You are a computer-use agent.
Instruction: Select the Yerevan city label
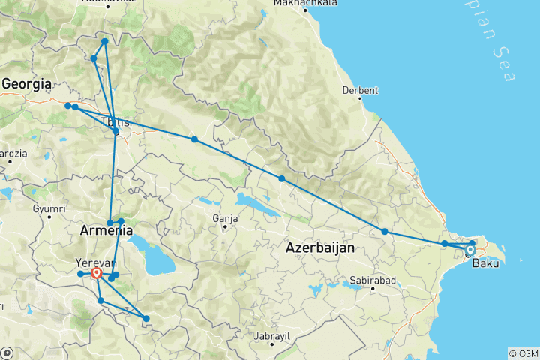[x=96, y=262]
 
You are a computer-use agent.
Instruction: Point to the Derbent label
[x=359, y=90]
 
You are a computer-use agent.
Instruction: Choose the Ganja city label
[x=225, y=218]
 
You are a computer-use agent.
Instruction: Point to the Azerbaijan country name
[x=322, y=247]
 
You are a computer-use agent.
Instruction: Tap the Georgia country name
[x=26, y=84]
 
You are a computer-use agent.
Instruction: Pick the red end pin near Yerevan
[x=97, y=274]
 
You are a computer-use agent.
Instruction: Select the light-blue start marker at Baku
[x=470, y=250]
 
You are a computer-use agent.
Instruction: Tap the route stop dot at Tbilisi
[x=115, y=132]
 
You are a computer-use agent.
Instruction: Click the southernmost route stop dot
[x=146, y=319]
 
